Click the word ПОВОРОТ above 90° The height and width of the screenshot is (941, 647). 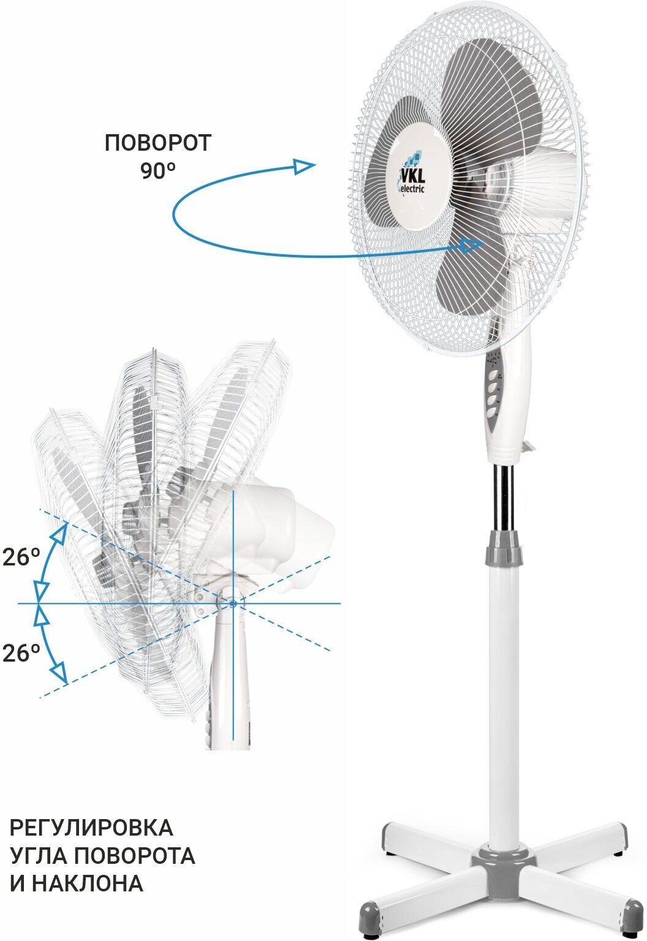[x=157, y=143]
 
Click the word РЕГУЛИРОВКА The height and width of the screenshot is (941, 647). [x=91, y=828]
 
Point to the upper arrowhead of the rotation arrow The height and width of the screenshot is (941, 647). [x=305, y=165]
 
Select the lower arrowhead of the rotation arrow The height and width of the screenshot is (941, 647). [x=471, y=246]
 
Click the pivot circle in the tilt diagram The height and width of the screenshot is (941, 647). [x=232, y=604]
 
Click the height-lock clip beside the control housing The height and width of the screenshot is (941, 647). [x=528, y=446]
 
